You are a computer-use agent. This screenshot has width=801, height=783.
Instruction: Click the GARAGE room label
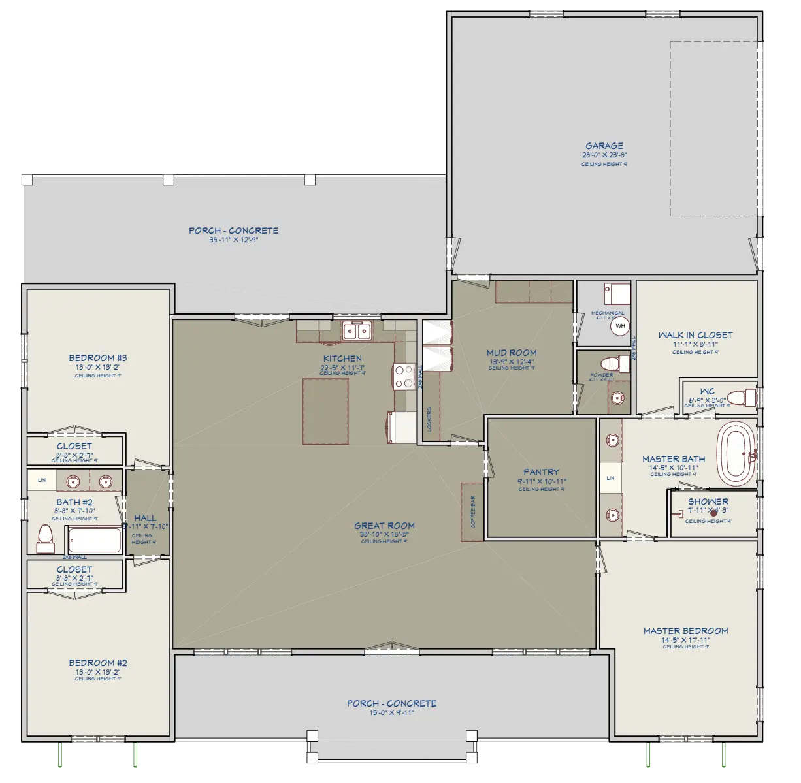point(604,146)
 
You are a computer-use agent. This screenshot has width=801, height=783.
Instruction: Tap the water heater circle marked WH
point(619,325)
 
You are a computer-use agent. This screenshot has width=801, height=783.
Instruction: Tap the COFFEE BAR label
point(472,511)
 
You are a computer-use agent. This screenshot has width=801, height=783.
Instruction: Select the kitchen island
point(325,411)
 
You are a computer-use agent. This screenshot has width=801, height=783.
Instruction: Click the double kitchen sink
point(356,331)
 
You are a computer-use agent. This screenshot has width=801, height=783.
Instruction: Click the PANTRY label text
point(542,472)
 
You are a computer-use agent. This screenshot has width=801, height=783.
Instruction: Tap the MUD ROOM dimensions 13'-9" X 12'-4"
point(511,362)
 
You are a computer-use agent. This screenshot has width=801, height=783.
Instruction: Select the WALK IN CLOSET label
point(695,335)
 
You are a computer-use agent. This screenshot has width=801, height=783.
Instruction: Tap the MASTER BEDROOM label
point(685,631)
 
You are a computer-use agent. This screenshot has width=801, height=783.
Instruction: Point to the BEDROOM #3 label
point(97,357)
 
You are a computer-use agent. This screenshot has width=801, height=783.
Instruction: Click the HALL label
point(145,518)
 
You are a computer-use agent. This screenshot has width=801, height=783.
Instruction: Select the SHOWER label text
point(708,502)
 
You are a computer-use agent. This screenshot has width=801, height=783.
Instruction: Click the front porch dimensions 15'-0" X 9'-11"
point(391,713)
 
